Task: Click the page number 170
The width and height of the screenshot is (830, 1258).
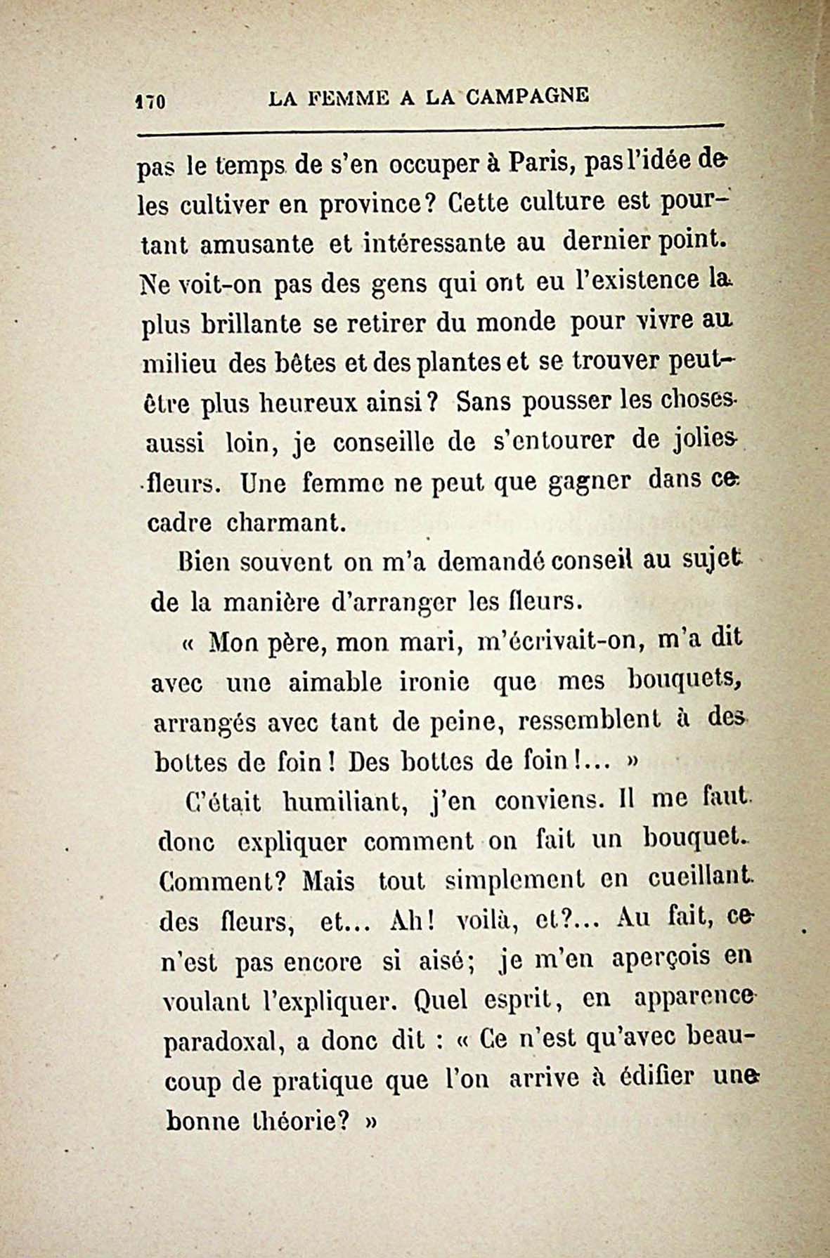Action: click(x=149, y=100)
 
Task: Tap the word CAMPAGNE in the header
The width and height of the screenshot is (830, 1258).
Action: click(x=527, y=96)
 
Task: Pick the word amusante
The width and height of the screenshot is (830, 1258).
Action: click(x=256, y=244)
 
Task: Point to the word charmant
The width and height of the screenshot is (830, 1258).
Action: click(x=286, y=523)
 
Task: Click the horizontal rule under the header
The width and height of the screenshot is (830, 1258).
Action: click(x=430, y=129)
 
